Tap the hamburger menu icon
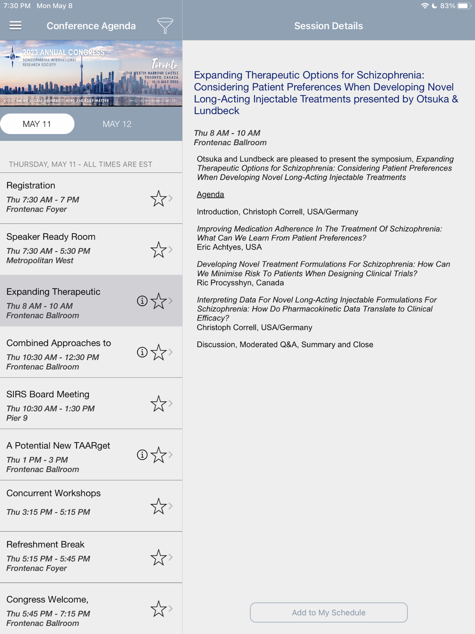[15, 26]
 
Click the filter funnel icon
[165, 26]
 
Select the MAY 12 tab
[117, 124]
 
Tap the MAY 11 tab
[37, 124]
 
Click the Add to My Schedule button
[329, 613]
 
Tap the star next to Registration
[158, 199]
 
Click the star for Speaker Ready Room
[158, 250]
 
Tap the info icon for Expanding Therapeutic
[142, 301]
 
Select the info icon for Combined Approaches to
[142, 352]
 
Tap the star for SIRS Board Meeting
[158, 404]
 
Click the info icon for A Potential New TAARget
[142, 455]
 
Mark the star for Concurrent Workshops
[158, 507]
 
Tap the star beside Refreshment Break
[158, 558]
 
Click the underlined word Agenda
[210, 194]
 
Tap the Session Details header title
[328, 26]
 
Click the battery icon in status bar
[463, 6]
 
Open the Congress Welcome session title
[47, 600]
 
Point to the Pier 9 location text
[17, 418]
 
